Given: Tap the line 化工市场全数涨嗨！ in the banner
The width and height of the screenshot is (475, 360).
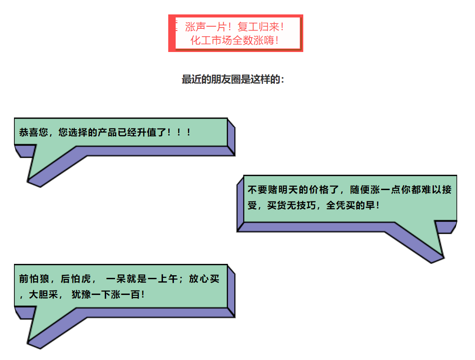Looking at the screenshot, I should point(235,41).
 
